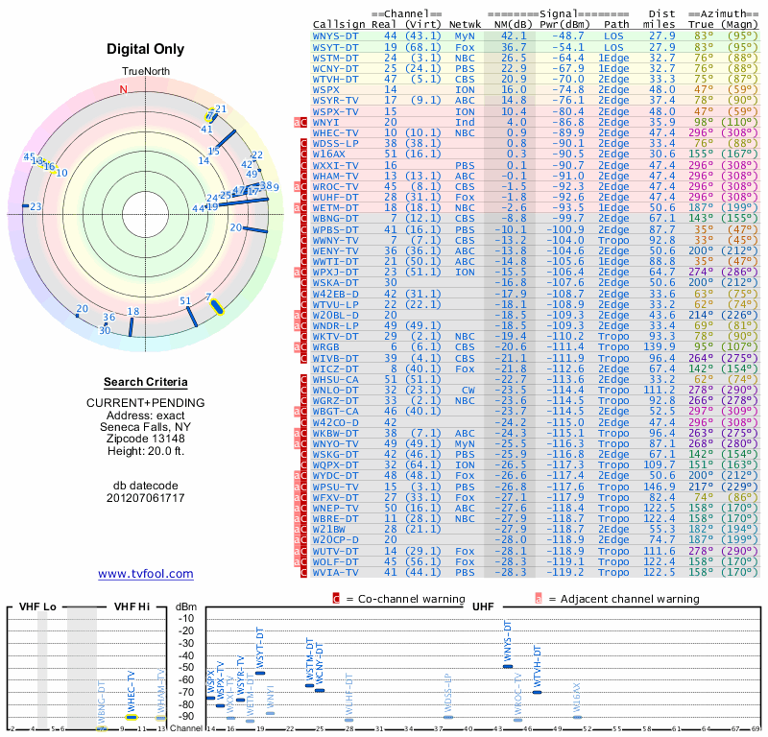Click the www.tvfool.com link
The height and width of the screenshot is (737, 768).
146,574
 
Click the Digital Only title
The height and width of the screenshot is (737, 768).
146,49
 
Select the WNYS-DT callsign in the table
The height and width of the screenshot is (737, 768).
336,36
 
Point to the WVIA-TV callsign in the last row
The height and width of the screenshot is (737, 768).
336,572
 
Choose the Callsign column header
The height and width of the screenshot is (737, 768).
340,24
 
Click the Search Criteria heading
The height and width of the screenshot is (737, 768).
146,382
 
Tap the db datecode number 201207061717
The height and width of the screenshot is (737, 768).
146,497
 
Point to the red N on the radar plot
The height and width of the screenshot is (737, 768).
122,89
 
